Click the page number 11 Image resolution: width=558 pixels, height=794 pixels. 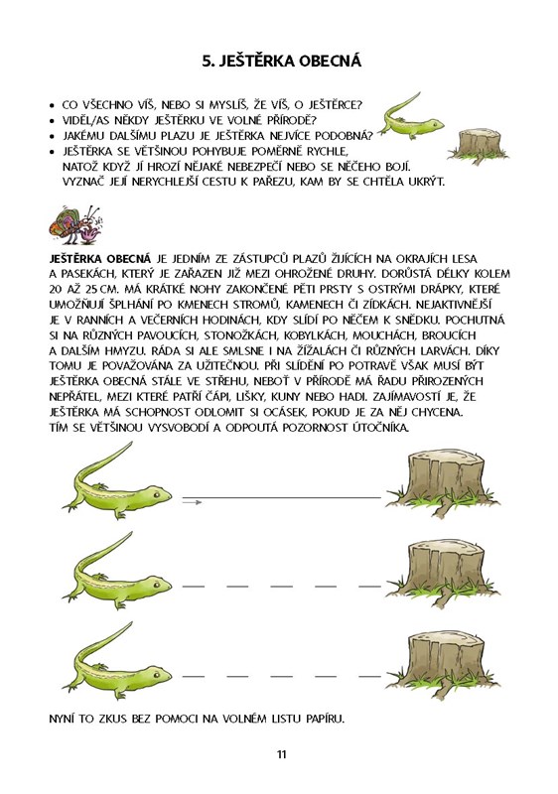pyautogui.click(x=282, y=754)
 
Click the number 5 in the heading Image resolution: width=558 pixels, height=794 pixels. pyautogui.click(x=207, y=62)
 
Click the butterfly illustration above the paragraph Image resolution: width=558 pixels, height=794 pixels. pyautogui.click(x=75, y=225)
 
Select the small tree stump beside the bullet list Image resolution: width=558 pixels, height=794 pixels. pyautogui.click(x=479, y=146)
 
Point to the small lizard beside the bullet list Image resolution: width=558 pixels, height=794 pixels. pyautogui.click(x=411, y=116)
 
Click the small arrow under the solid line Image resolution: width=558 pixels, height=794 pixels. pyautogui.click(x=192, y=502)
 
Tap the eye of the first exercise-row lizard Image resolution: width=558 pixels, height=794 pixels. pyautogui.click(x=157, y=493)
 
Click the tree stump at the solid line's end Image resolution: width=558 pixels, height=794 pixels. pyautogui.click(x=443, y=483)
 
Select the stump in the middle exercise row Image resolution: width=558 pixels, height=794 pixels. pyautogui.click(x=443, y=573)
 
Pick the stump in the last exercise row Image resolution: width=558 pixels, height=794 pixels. pyautogui.click(x=443, y=663)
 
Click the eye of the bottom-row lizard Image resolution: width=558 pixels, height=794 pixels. pyautogui.click(x=157, y=674)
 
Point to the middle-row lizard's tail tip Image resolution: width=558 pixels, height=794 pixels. pyautogui.click(x=131, y=533)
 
